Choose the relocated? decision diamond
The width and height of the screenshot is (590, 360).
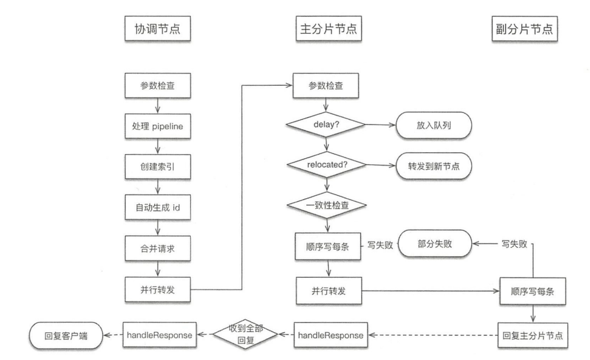click(x=327, y=164)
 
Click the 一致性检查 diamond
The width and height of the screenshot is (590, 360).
click(x=327, y=204)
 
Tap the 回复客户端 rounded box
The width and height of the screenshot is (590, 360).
click(x=65, y=335)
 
